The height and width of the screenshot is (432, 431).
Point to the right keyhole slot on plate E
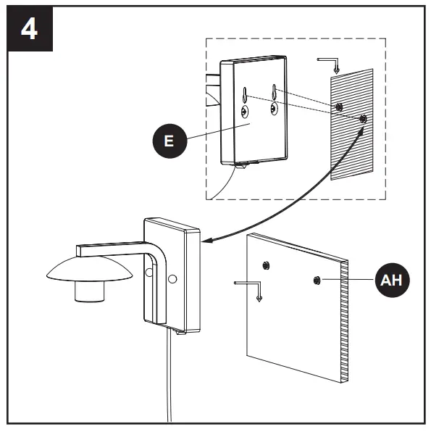click(274, 94)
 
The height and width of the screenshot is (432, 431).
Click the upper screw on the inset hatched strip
click(339, 107)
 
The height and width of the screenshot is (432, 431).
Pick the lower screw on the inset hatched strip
click(362, 117)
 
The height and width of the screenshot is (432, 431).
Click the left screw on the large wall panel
click(267, 265)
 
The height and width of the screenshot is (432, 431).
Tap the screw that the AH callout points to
click(317, 280)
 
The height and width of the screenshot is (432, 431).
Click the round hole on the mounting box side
click(172, 278)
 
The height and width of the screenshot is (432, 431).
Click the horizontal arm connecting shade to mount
click(109, 249)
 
